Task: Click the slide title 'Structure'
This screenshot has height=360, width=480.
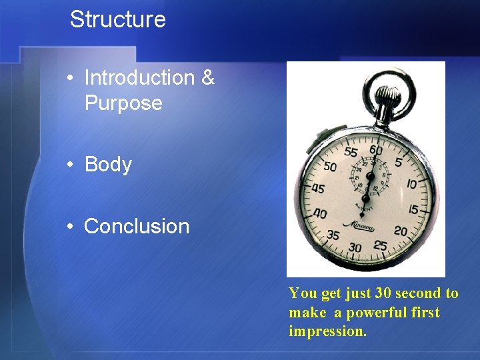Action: [117, 19]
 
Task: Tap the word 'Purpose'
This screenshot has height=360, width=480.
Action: [123, 103]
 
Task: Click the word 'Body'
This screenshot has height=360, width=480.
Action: [108, 165]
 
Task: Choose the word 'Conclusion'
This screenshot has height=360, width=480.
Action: [137, 227]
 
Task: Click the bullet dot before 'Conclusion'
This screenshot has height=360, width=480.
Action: [71, 227]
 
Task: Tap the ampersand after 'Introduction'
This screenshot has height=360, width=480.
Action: [207, 78]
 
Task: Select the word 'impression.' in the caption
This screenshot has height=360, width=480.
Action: [327, 331]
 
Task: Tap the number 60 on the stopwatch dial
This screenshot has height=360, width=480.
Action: [376, 151]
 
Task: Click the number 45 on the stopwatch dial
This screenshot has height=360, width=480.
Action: [319, 189]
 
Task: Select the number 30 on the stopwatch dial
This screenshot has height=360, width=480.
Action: [355, 247]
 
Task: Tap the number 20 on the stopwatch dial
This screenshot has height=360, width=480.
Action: [401, 231]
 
